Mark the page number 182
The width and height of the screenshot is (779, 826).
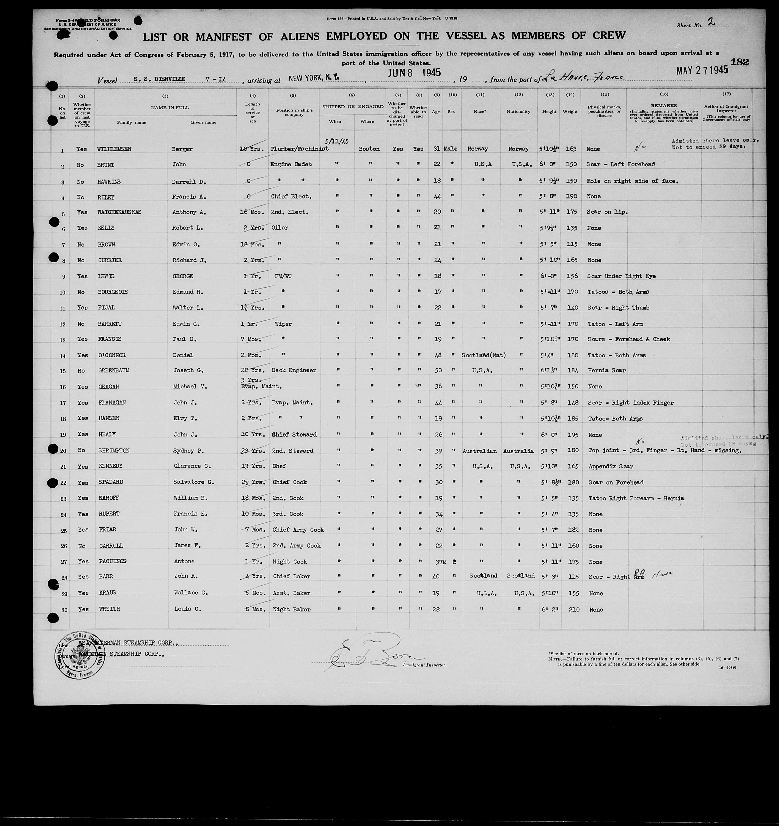coord(740,62)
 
